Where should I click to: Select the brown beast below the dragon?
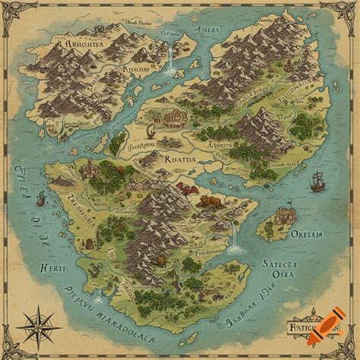coord(208,202)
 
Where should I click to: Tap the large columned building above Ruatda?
coord(172,116)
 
